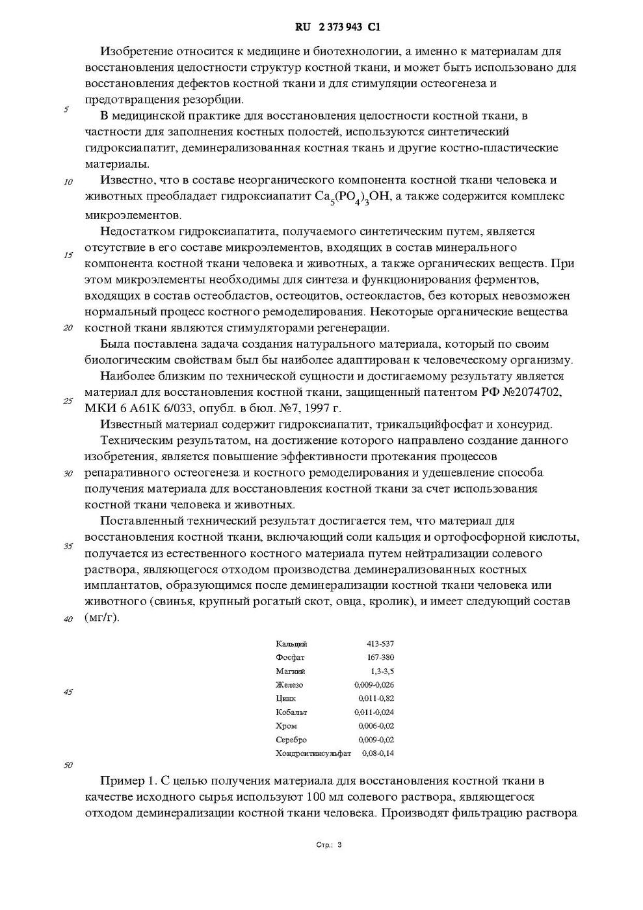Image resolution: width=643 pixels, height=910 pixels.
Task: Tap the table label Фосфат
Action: point(290,657)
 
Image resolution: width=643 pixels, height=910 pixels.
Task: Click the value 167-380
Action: point(380,657)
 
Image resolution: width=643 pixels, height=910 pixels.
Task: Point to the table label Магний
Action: point(290,671)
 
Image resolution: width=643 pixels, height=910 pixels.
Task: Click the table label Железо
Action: point(289,684)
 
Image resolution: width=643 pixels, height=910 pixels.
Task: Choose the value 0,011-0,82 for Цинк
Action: point(376,698)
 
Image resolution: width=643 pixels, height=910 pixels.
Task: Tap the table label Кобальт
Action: point(291,712)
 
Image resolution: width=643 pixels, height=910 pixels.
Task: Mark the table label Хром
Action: point(286,725)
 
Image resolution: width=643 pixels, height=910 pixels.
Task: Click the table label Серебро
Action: point(291,740)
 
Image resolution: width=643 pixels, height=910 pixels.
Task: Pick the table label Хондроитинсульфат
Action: point(313,753)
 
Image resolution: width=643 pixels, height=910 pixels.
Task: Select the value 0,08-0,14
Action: point(378,753)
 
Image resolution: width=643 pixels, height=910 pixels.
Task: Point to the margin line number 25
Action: point(68,400)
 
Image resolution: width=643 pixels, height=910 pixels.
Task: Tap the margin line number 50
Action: point(68,765)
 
